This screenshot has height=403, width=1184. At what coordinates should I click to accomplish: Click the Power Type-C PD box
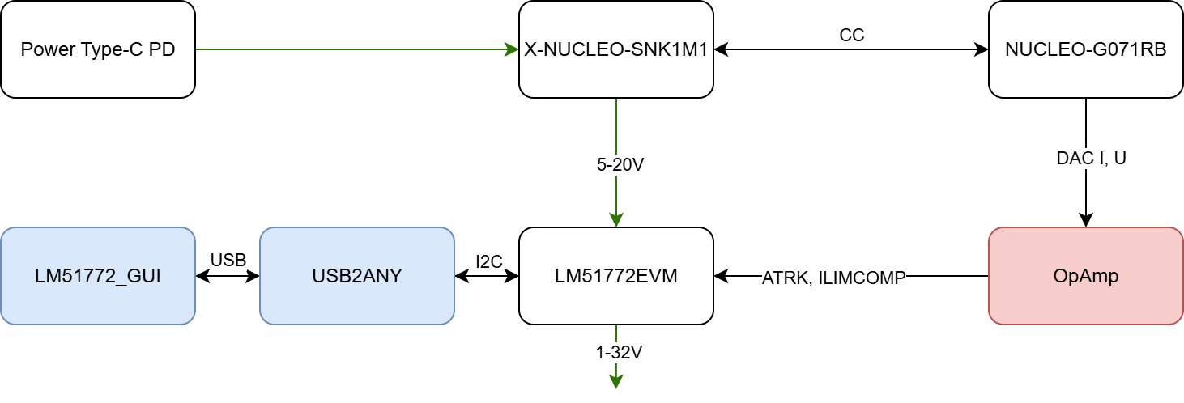[x=98, y=49]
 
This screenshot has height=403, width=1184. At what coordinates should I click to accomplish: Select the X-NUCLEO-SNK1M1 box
[x=615, y=49]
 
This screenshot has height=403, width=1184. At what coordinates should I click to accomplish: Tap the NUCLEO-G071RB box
[x=1085, y=49]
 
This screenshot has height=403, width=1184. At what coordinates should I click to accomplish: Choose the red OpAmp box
[x=1085, y=276]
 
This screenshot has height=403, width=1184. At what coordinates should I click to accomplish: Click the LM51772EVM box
[x=615, y=276]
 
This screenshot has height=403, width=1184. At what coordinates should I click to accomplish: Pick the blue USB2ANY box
[x=356, y=276]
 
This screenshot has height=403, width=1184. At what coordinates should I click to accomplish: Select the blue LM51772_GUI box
[x=98, y=276]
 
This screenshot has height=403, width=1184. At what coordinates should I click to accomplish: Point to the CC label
[x=851, y=36]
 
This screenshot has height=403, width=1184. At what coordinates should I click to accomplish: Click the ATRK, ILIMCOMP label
[x=833, y=278]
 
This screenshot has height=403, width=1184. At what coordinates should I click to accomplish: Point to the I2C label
[x=489, y=261]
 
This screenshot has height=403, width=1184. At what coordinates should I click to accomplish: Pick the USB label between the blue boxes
[x=228, y=261]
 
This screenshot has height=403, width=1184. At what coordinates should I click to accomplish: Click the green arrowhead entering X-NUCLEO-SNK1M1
[x=511, y=49]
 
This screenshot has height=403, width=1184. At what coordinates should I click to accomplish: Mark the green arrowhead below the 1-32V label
[x=615, y=381]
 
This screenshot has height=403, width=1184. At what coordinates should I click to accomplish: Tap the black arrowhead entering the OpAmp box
[x=1085, y=219]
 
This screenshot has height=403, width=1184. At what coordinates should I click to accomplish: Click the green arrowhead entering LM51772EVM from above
[x=615, y=219]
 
